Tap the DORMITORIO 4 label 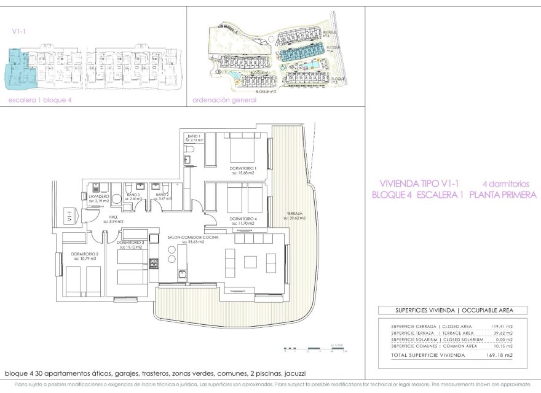tap(243, 219)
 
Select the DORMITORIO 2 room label tap(85, 254)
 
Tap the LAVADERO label tap(98, 196)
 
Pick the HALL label tap(113, 217)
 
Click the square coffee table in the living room tap(250, 262)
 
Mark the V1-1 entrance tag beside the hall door tap(69, 217)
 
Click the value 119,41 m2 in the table tap(501, 326)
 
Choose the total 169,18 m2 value tap(500, 355)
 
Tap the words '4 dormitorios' tap(505, 183)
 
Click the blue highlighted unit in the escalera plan tap(20, 68)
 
